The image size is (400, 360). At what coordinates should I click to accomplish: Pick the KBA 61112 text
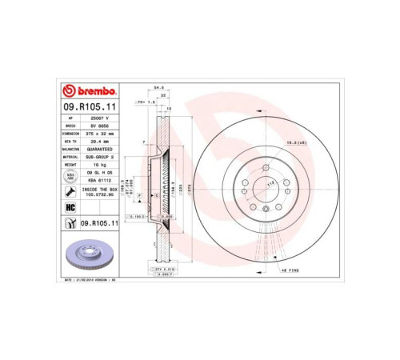pos(99,180)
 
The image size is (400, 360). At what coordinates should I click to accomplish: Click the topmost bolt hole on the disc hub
pos(264,167)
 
